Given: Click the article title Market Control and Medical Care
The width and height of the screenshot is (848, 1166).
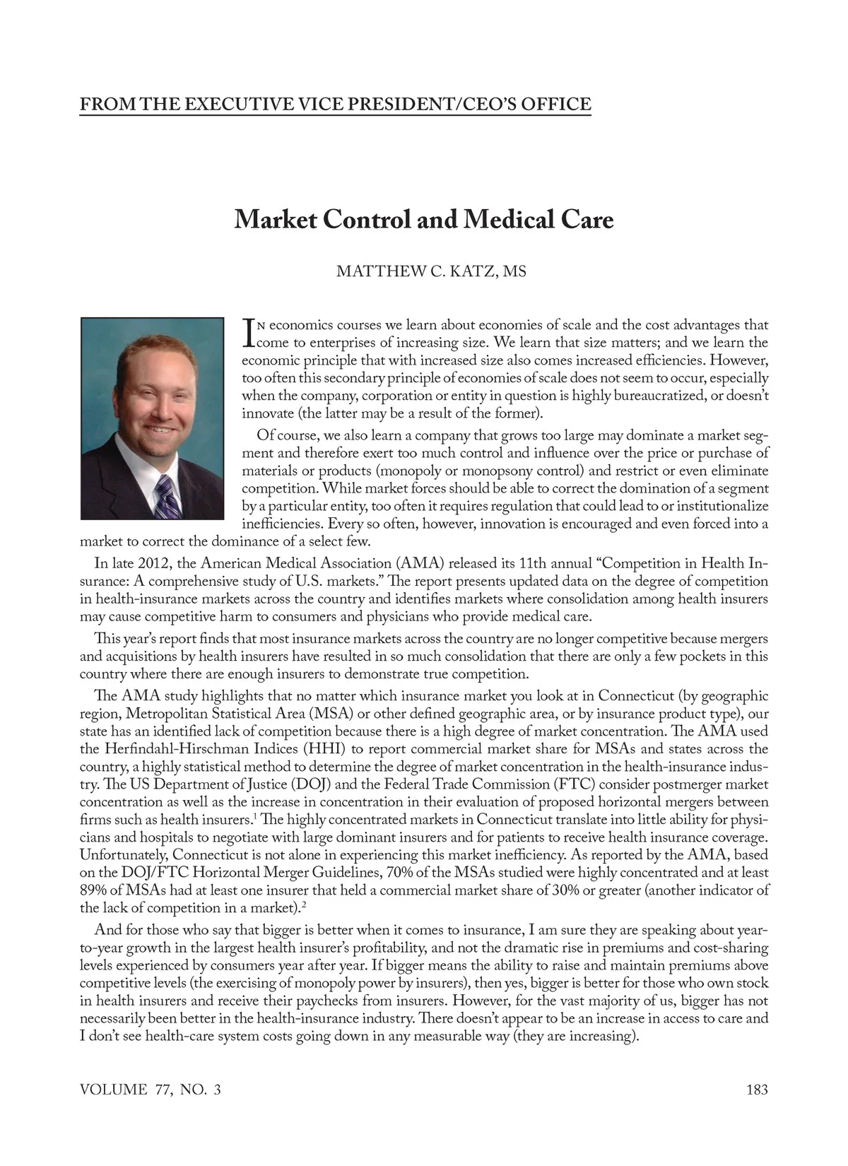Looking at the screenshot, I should coord(424,220).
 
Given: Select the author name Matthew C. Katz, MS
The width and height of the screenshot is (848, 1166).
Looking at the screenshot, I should coord(431,271).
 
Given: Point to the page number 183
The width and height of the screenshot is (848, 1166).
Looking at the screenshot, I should coord(757,1089).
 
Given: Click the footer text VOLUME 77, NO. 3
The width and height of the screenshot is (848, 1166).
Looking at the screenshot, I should coord(151,1089).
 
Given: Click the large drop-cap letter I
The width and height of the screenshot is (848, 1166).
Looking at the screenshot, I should coord(247,333).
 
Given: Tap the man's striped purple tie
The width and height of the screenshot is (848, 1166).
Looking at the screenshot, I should coord(167,495).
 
